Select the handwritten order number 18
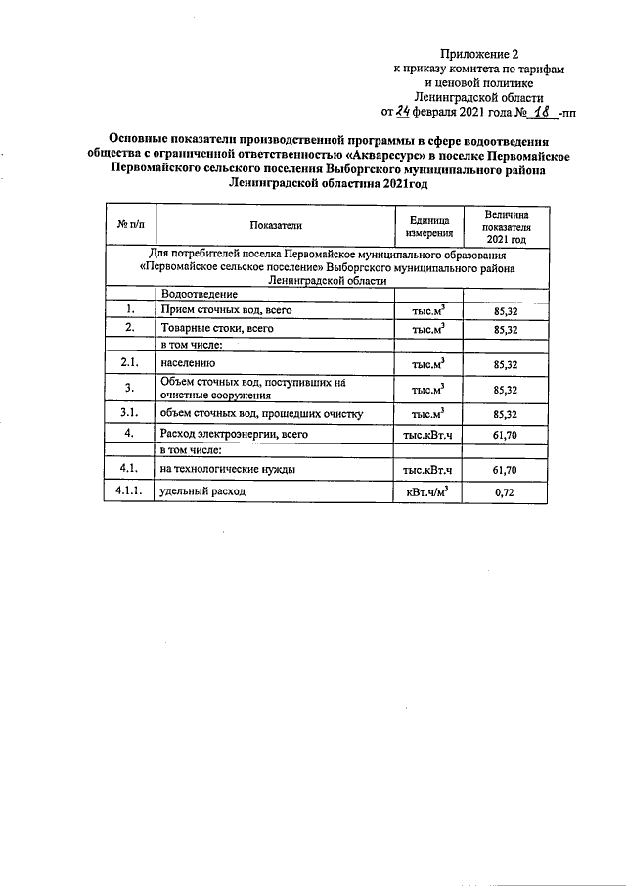(x=541, y=112)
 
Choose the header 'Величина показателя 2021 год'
(x=506, y=225)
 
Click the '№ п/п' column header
(x=130, y=225)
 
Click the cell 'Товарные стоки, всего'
(x=216, y=329)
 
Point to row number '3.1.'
(x=130, y=413)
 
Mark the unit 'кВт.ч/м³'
(x=427, y=492)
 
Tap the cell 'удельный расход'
(x=203, y=492)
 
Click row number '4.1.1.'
(x=130, y=491)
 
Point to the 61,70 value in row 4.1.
(x=505, y=470)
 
